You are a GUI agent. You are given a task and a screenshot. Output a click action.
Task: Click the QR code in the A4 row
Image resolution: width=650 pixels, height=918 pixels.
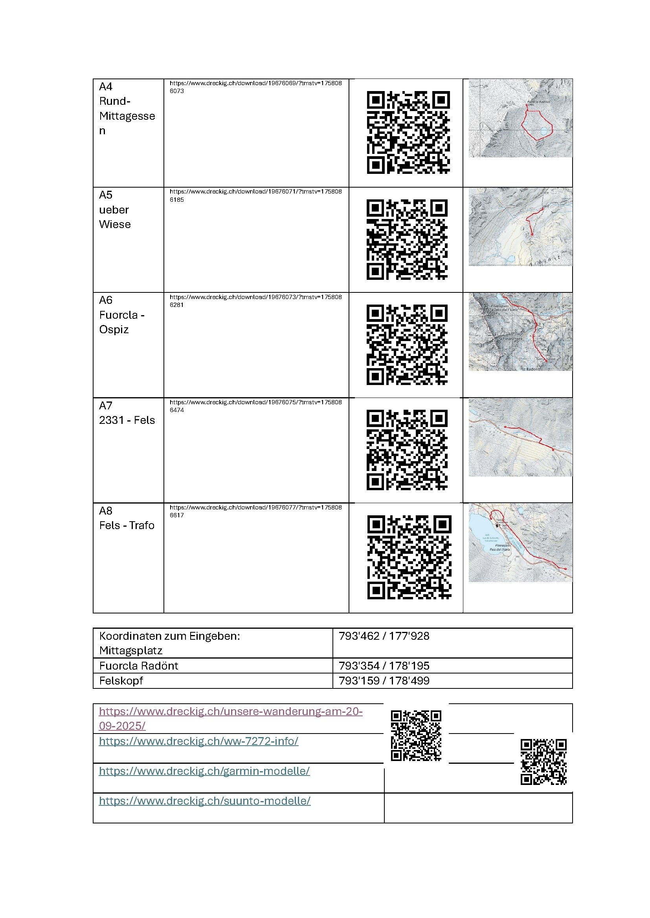pyautogui.click(x=408, y=132)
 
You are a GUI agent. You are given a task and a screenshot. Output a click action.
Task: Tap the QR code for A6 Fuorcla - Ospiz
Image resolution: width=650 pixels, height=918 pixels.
pyautogui.click(x=407, y=345)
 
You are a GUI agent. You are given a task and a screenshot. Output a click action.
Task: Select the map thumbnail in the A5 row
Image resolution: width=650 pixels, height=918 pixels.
pyautogui.click(x=520, y=227)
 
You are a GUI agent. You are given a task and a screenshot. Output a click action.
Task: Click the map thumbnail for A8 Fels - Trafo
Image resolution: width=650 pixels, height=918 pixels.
pyautogui.click(x=520, y=542)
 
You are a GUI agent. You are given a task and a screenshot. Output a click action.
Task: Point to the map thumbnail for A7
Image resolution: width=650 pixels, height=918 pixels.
pyautogui.click(x=520, y=437)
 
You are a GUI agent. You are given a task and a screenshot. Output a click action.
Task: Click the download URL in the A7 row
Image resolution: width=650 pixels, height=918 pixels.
pyautogui.click(x=255, y=406)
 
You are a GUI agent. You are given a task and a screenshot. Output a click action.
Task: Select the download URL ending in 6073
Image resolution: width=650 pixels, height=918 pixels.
pyautogui.click(x=255, y=87)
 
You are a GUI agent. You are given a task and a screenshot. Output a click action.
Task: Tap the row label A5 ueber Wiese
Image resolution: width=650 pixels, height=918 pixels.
pyautogui.click(x=115, y=210)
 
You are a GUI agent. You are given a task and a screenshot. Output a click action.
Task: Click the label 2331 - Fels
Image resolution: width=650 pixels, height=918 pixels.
pyautogui.click(x=127, y=420)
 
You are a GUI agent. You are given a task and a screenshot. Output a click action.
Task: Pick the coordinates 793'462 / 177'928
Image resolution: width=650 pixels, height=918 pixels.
pyautogui.click(x=384, y=636)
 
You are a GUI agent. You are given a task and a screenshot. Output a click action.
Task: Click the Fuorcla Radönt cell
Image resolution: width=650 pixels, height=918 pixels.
pyautogui.click(x=138, y=666)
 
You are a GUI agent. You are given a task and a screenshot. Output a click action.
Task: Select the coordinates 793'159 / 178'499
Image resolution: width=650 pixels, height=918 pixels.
pyautogui.click(x=384, y=681)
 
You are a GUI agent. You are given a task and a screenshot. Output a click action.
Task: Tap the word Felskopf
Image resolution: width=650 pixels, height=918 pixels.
pyautogui.click(x=121, y=681)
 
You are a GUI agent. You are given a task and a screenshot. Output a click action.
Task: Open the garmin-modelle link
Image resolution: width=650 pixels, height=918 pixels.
pyautogui.click(x=204, y=771)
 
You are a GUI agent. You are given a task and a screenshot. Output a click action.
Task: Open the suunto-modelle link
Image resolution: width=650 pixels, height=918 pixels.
pyautogui.click(x=204, y=801)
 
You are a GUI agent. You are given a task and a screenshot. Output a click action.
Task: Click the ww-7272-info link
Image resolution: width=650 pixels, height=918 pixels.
pyautogui.click(x=198, y=741)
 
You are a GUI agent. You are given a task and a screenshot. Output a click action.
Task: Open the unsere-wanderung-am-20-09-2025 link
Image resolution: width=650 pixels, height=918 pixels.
pyautogui.click(x=231, y=719)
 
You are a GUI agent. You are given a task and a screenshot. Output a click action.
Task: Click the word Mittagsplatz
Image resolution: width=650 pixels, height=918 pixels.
pyautogui.click(x=130, y=650)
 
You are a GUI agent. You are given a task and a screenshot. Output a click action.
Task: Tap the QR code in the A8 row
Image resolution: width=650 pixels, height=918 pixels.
pyautogui.click(x=409, y=557)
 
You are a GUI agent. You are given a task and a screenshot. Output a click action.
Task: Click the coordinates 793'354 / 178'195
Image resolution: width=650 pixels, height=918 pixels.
pyautogui.click(x=384, y=666)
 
